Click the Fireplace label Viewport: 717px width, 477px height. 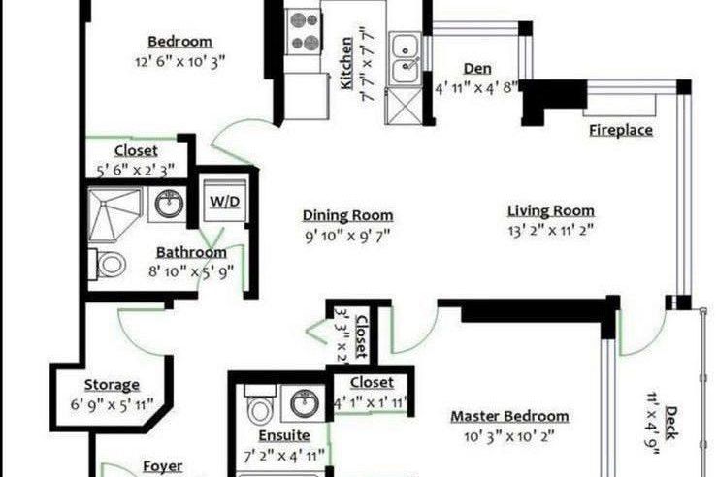[621, 131]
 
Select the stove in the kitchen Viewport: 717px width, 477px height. [305, 30]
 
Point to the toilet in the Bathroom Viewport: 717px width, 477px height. [110, 263]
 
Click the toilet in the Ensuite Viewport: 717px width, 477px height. [256, 406]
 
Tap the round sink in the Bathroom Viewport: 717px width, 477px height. [171, 205]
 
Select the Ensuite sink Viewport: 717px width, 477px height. [305, 400]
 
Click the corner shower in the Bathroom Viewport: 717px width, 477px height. [114, 213]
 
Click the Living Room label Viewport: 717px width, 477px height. [551, 211]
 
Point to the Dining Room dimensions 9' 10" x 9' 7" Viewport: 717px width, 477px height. [347, 235]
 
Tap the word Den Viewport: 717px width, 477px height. [476, 68]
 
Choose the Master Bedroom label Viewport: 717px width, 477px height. [509, 416]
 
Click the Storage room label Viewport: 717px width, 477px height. [112, 385]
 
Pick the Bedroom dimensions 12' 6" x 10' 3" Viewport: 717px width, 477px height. [179, 61]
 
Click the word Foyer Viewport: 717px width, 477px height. [162, 466]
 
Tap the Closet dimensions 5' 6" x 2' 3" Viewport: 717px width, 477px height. [136, 170]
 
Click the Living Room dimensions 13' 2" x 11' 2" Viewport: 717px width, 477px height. [551, 231]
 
